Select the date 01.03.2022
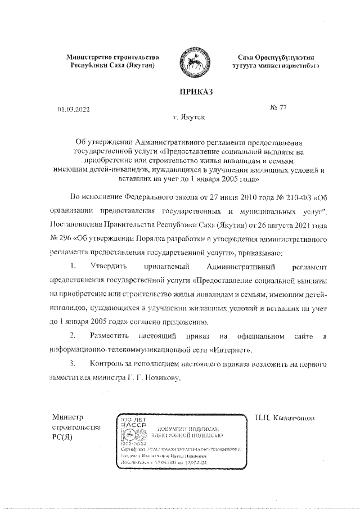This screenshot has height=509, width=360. click(x=73, y=110)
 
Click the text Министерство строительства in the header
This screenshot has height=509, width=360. click(x=112, y=57)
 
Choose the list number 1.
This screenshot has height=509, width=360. click(x=73, y=265)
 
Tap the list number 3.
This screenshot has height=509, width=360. click(x=72, y=364)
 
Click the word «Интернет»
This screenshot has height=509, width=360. click(x=231, y=350)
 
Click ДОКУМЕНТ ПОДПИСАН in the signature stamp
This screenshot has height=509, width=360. click(x=192, y=429)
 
